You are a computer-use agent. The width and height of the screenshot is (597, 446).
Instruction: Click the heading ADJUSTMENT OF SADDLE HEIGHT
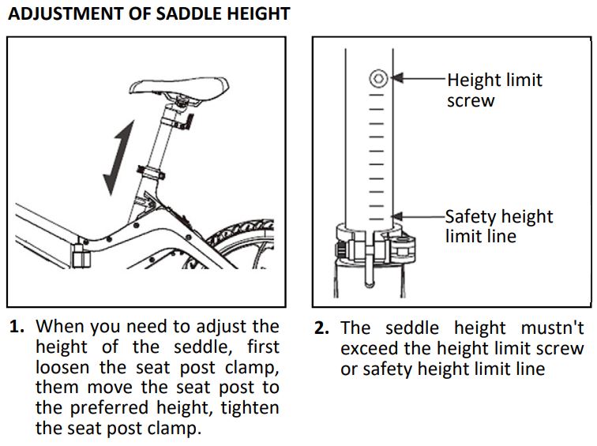click(x=149, y=14)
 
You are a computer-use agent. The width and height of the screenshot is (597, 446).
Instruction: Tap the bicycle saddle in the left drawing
click(x=179, y=88)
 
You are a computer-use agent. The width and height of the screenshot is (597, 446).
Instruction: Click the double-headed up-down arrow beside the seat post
click(x=118, y=158)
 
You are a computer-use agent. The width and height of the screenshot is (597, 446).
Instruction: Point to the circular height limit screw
click(x=378, y=78)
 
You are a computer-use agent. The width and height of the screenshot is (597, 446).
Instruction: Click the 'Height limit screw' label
click(x=494, y=90)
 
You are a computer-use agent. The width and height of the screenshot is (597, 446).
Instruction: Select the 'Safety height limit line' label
click(x=499, y=226)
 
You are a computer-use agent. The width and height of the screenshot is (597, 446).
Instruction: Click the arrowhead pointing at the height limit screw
click(x=396, y=78)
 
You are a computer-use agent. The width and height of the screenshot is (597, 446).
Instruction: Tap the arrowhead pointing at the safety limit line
click(x=396, y=217)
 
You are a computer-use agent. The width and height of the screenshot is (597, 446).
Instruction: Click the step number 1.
click(x=17, y=327)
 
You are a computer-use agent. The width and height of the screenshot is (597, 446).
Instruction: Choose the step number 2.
click(x=321, y=328)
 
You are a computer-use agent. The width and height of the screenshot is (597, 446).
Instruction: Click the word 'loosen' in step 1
click(x=62, y=367)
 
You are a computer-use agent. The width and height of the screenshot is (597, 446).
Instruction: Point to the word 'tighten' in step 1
click(x=250, y=408)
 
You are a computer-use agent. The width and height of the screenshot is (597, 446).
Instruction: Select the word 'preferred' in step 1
click(x=109, y=408)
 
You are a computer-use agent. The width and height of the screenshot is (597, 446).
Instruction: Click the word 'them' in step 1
click(x=56, y=388)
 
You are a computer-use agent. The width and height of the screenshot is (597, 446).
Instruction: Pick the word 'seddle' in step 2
click(x=412, y=328)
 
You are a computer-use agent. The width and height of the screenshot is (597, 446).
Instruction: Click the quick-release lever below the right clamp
click(x=369, y=270)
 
